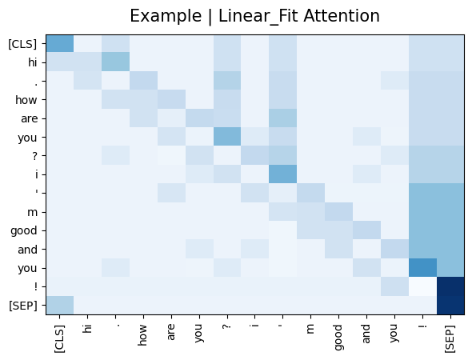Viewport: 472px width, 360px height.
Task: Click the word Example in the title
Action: [x=166, y=16]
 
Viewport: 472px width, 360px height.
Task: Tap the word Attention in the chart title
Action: [x=342, y=16]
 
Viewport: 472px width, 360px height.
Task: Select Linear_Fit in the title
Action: [x=258, y=16]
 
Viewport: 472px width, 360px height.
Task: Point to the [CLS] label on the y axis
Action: [x=22, y=44]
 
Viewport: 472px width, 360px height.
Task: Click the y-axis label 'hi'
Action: [x=33, y=62]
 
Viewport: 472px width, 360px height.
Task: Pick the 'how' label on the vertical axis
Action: [x=26, y=100]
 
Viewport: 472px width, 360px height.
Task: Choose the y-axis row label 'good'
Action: [x=24, y=231]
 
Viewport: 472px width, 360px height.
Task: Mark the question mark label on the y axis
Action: [x=35, y=156]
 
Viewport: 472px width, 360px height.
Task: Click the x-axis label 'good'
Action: [x=338, y=338]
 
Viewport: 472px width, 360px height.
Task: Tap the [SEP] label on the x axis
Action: [x=450, y=338]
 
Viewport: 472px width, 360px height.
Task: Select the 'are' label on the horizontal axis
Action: [x=171, y=332]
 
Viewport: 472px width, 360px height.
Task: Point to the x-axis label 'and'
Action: [x=366, y=334]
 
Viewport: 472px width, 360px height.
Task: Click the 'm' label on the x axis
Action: [x=310, y=329]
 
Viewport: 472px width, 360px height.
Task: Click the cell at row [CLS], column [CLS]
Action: [x=60, y=44]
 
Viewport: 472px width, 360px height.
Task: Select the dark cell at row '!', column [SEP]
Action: [x=450, y=286]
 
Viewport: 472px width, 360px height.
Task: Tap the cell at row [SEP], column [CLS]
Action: [x=60, y=306]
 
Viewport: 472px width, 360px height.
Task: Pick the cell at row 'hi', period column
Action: [x=115, y=62]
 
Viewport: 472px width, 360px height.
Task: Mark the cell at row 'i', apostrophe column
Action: [x=283, y=174]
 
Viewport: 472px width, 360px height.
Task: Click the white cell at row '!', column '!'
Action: [x=422, y=286]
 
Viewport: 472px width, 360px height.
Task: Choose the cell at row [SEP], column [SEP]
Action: [x=450, y=306]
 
